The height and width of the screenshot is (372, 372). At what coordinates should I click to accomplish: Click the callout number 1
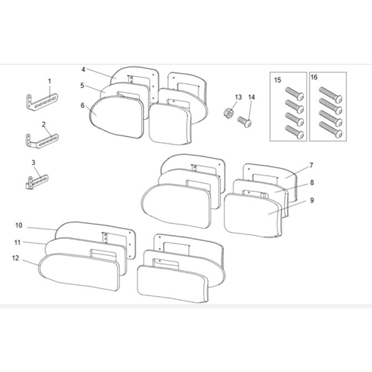[50, 80]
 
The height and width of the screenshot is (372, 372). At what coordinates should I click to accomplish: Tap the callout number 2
[45, 124]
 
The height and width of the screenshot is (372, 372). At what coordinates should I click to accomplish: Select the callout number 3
[33, 162]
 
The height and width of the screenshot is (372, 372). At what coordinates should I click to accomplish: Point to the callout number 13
[239, 97]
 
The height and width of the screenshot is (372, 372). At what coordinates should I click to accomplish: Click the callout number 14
[251, 97]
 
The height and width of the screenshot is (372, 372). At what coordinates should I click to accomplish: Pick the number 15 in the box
[278, 79]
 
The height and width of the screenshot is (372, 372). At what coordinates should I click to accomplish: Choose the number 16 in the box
[313, 79]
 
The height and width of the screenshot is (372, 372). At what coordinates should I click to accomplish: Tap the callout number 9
[291, 200]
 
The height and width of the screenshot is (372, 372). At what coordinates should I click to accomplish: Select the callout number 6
[83, 106]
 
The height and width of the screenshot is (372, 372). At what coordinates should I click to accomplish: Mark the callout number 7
[291, 164]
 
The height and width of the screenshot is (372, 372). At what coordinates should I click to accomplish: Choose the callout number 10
[19, 225]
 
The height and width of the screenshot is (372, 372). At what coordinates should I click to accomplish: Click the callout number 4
[83, 70]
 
